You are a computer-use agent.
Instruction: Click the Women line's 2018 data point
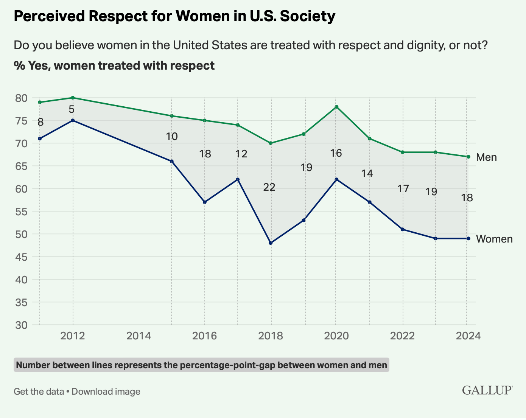tap(271, 243)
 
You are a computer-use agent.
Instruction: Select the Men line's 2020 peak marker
tap(336, 107)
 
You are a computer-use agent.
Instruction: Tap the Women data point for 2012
tap(73, 120)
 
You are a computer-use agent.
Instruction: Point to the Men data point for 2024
tap(468, 157)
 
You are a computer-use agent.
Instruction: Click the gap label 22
tap(269, 187)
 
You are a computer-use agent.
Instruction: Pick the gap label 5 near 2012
tap(72, 109)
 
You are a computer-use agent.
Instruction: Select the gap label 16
tap(336, 153)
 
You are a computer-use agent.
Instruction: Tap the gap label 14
tap(367, 173)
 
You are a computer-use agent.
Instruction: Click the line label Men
tap(486, 157)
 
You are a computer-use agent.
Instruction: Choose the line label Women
tap(494, 239)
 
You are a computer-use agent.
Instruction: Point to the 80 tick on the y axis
tap(21, 98)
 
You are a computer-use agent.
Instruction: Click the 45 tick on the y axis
tap(21, 257)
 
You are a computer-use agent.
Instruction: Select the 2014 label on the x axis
tap(139, 336)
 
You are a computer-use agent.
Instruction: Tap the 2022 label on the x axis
tap(402, 336)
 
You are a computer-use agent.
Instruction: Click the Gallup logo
tap(487, 390)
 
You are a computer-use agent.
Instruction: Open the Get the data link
tap(39, 392)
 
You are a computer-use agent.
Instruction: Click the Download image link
tap(106, 392)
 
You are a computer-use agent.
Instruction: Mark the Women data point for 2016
tap(205, 202)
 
